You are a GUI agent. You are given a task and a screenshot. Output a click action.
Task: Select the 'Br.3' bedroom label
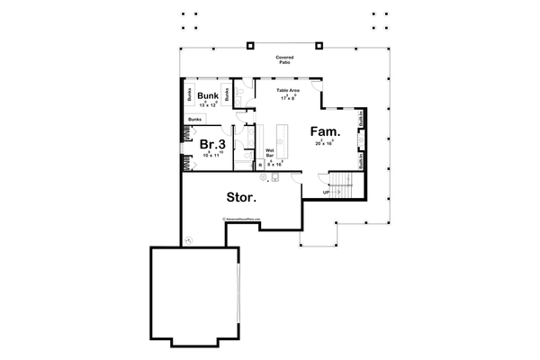click(212, 143)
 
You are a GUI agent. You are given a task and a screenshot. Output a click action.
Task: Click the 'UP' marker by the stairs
click(326, 192)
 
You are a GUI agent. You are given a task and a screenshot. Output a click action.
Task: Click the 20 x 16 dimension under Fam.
click(324, 143)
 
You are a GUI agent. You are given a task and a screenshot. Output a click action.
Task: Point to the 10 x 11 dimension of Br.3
click(211, 156)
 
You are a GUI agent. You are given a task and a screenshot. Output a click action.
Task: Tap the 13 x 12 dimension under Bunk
click(209, 105)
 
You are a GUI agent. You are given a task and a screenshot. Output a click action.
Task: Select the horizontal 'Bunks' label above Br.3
click(193, 119)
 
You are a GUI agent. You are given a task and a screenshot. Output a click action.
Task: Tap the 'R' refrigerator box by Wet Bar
click(260, 166)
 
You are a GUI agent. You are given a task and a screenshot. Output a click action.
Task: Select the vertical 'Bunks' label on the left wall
click(189, 94)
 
